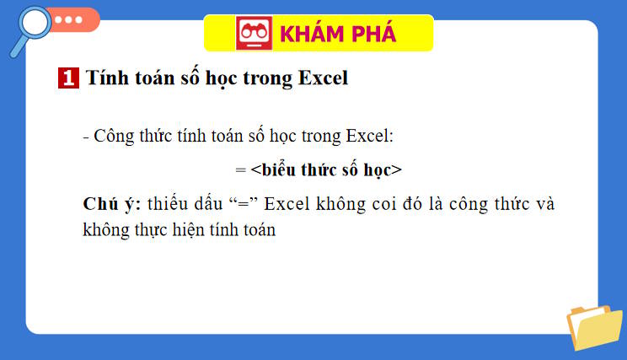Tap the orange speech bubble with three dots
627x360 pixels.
[x=72, y=19]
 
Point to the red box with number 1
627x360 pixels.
[x=68, y=79]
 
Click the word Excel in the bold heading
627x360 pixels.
[x=324, y=79]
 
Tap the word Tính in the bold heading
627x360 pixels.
[x=105, y=79]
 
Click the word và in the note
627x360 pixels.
[x=545, y=204]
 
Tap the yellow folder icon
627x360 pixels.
[x=594, y=326]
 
